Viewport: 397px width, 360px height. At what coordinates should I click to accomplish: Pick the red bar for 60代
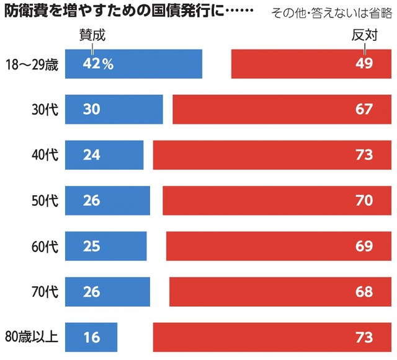pos(279,247)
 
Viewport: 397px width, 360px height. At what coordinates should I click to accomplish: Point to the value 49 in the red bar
pos(364,64)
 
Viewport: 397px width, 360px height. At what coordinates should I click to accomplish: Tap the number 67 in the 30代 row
pos(364,110)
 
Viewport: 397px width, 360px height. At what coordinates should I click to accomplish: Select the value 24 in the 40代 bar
pos(92,155)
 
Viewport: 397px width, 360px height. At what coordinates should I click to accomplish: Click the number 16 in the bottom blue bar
pos(92,338)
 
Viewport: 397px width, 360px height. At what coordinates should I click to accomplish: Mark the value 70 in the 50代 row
pos(364,201)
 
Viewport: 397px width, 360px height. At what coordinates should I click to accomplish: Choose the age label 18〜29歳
pos(31,64)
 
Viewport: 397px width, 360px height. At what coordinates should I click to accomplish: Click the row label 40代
pos(45,155)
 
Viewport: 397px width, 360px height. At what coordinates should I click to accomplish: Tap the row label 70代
pos(45,292)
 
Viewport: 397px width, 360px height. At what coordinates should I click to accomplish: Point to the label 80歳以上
pos(35,338)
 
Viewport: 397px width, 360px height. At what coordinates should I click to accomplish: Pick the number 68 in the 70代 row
pos(364,292)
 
